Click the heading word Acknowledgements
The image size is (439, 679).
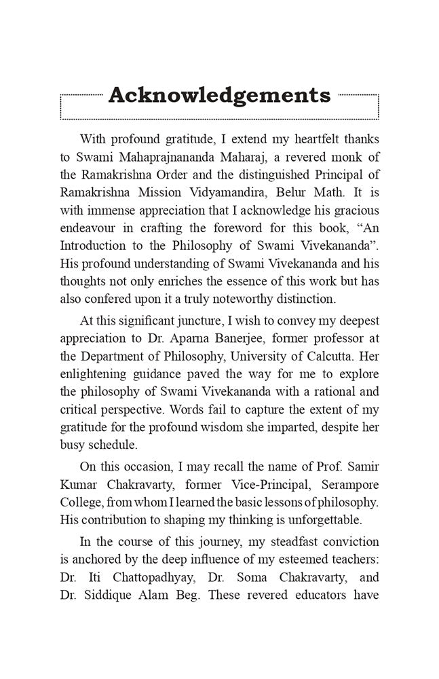pos(219,95)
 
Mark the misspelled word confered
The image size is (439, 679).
pos(113,298)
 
